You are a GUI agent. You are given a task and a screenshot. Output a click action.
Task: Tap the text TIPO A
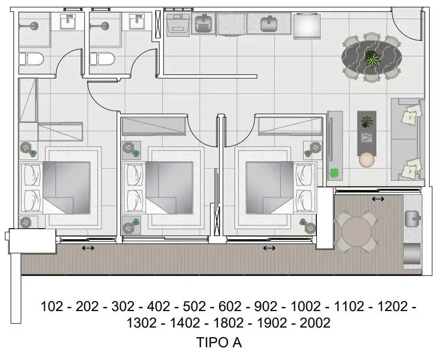pyautogui.click(x=219, y=343)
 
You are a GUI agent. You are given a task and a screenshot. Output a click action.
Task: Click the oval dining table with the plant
pyautogui.click(x=372, y=58)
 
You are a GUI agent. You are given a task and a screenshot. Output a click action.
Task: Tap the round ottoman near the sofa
pyautogui.click(x=367, y=160)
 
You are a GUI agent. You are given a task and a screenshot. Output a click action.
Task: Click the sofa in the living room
pyautogui.click(x=407, y=139)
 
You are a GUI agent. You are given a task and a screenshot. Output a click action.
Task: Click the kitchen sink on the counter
pyautogui.click(x=269, y=23)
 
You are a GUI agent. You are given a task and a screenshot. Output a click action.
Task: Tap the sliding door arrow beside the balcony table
pyautogui.click(x=379, y=199)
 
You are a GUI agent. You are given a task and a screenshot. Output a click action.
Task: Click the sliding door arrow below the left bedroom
pyautogui.click(x=88, y=248)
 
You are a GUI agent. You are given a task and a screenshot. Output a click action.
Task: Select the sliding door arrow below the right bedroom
pyautogui.click(x=270, y=248)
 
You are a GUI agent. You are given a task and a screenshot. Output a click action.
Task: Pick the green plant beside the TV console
pyautogui.click(x=335, y=173)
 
